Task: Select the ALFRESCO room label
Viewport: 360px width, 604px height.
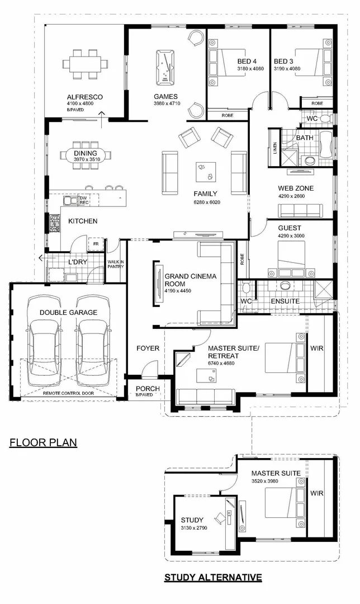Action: (x=84, y=97)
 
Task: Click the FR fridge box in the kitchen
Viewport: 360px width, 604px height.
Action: (x=96, y=244)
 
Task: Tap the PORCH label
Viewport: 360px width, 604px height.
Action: (x=148, y=389)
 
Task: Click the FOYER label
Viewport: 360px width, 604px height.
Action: (x=148, y=348)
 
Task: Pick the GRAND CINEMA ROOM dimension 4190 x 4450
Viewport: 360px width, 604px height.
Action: (x=182, y=290)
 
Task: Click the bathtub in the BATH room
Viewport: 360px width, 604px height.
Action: (x=326, y=149)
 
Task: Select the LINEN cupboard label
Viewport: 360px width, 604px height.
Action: (x=275, y=148)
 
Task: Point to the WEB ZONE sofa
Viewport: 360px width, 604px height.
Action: (x=302, y=210)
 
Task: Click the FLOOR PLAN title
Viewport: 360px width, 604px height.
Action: (x=43, y=443)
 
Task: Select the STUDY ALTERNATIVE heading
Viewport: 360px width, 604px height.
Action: (x=212, y=577)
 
